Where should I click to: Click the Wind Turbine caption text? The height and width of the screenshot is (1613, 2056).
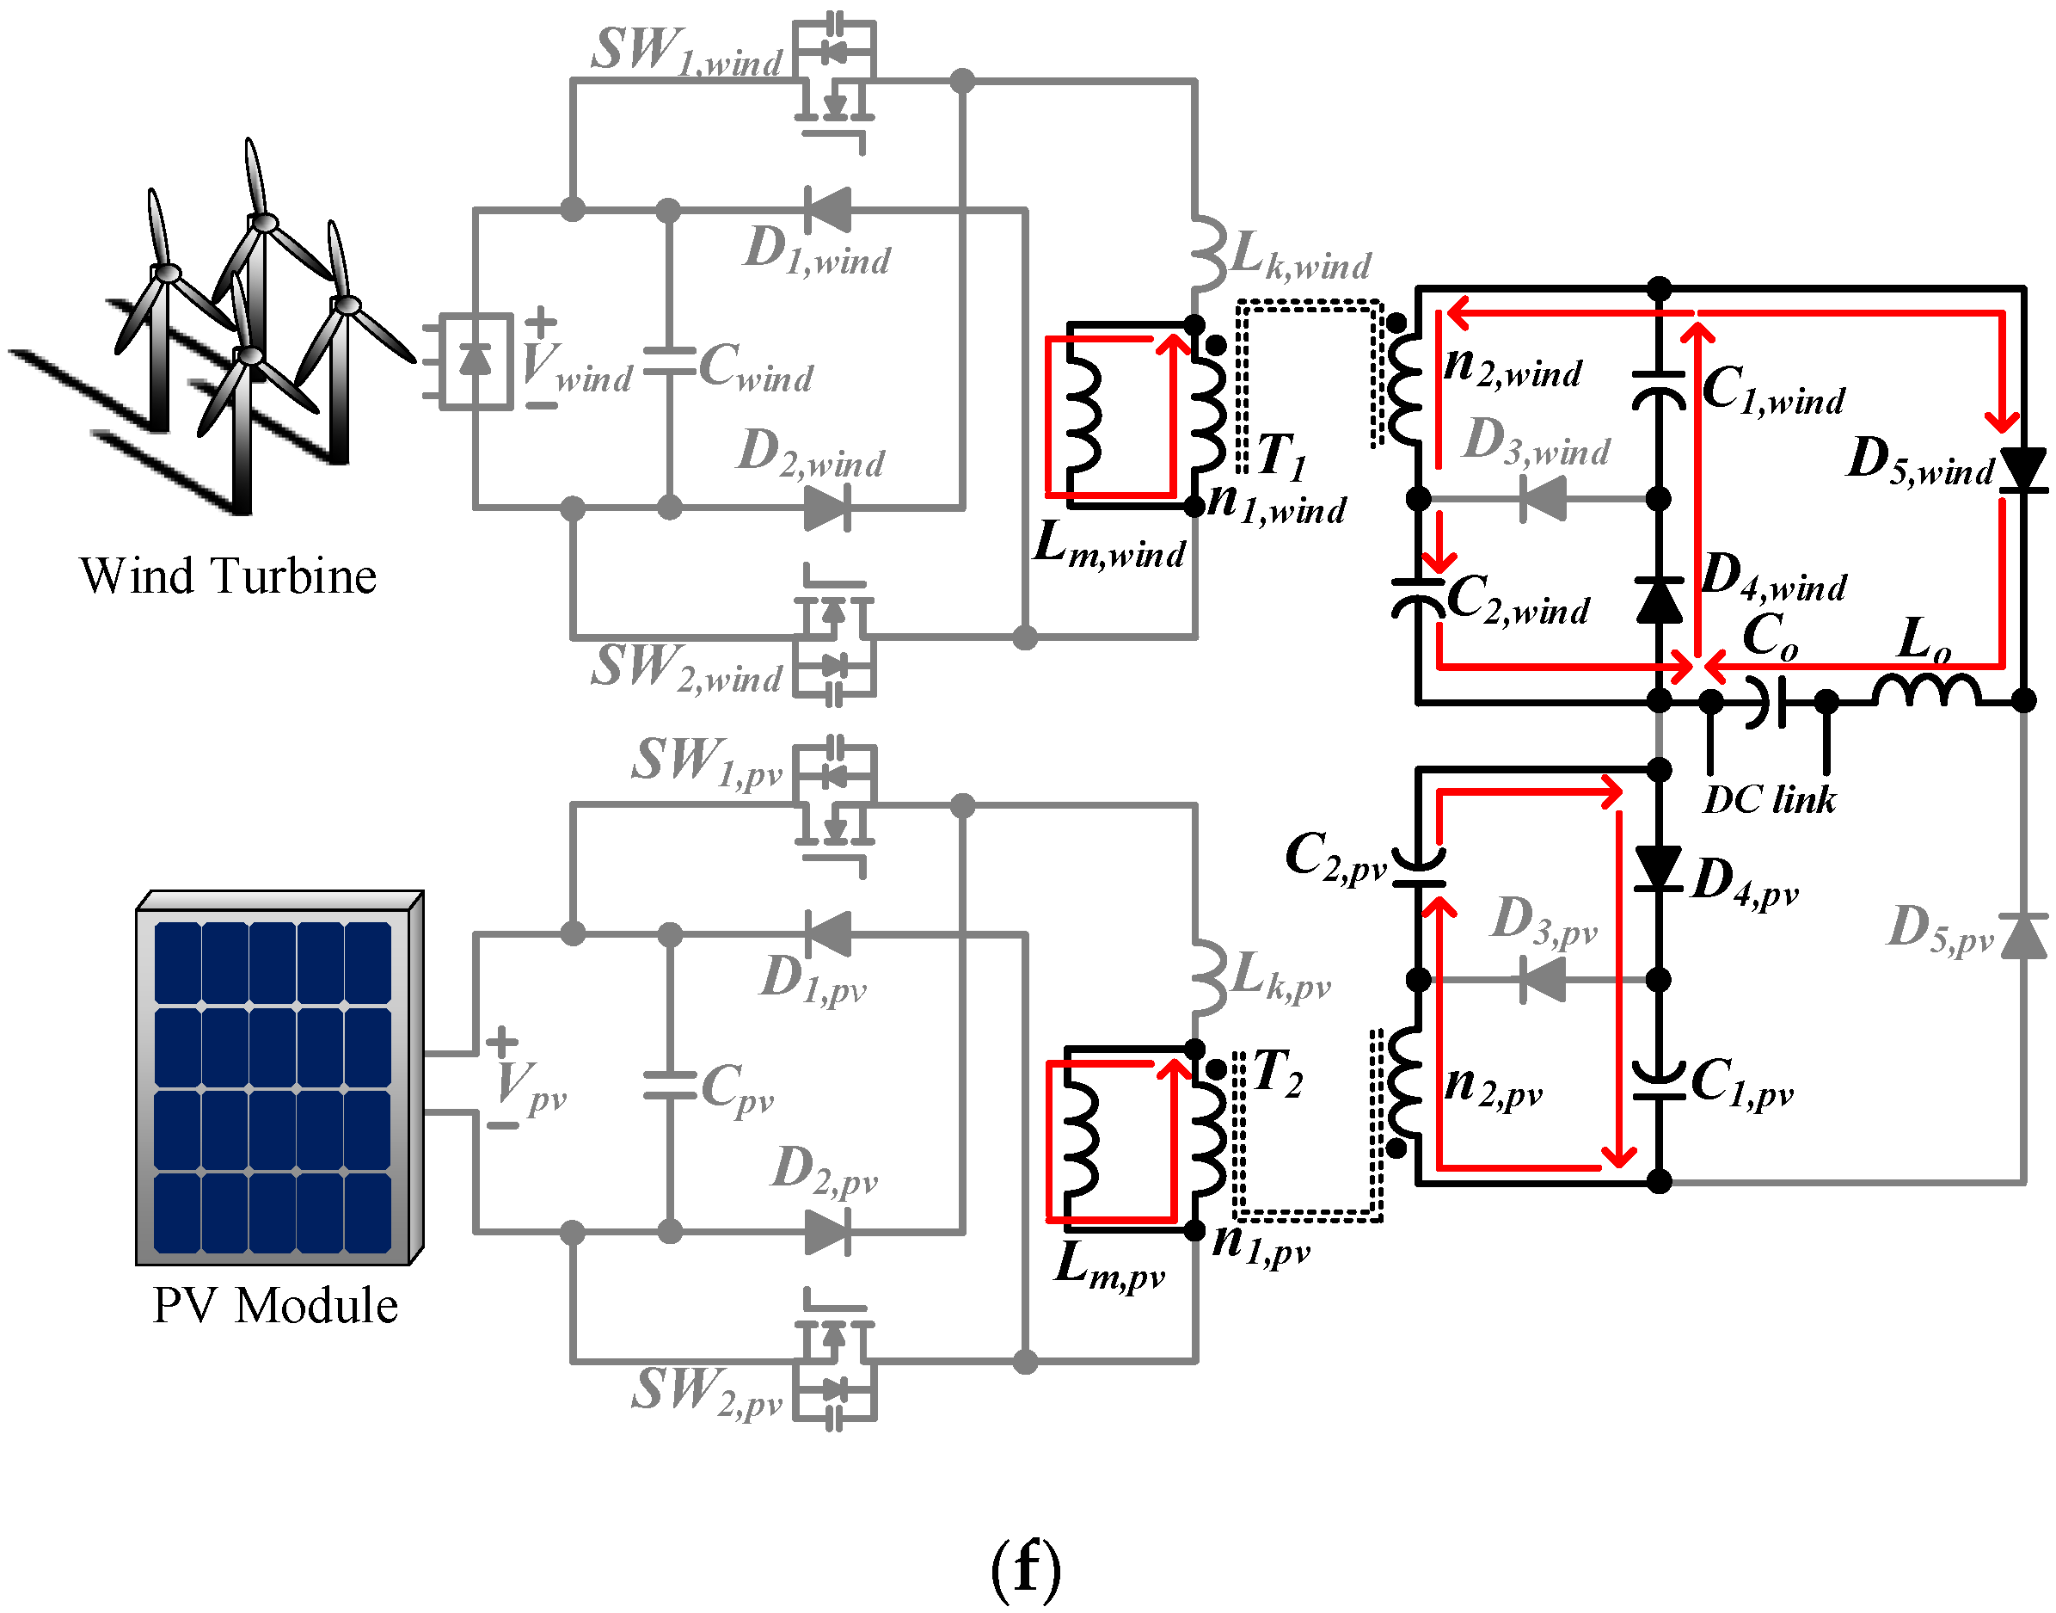click(228, 576)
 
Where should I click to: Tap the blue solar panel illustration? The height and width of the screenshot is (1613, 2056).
click(273, 1086)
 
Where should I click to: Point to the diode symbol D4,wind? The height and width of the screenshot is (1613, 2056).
click(1659, 600)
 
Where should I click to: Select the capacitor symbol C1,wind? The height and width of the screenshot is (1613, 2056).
click(1659, 387)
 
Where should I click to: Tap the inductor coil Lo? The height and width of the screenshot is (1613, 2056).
click(1926, 692)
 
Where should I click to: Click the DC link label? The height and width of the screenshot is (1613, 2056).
click(1769, 800)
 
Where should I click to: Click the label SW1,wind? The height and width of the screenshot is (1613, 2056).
click(686, 51)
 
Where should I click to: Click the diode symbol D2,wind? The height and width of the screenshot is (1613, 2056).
click(828, 508)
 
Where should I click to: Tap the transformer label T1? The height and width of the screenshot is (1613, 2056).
click(1282, 456)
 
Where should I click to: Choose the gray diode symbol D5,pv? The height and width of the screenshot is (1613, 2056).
click(2023, 937)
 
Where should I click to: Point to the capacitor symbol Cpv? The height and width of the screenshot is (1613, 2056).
click(669, 1086)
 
